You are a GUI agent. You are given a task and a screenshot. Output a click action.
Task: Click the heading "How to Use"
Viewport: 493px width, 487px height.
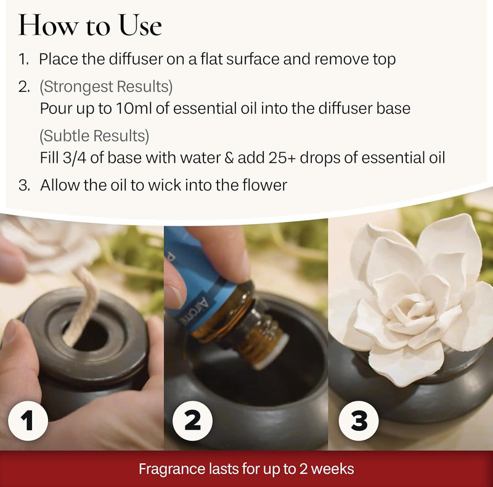(x=90, y=25)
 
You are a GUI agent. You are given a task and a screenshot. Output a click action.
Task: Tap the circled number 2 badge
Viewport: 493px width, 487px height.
(x=192, y=421)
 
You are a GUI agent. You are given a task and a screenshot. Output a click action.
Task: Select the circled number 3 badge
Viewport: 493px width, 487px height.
(x=359, y=421)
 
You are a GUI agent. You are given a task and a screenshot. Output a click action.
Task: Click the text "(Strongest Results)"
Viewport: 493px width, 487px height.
(x=106, y=86)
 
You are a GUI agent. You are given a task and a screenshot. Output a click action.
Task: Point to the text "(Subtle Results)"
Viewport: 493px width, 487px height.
(x=94, y=135)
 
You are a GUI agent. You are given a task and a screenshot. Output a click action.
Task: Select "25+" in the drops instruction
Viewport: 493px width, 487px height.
(x=284, y=158)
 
